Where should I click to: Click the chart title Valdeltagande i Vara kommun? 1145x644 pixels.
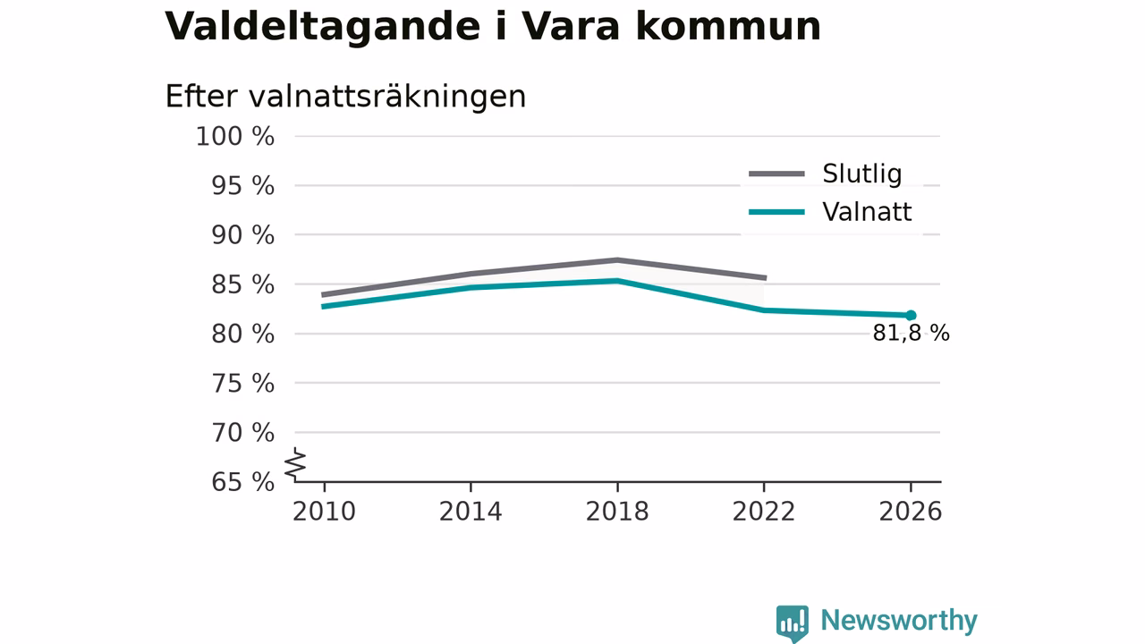tap(492, 27)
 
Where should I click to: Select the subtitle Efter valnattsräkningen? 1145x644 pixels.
tap(345, 97)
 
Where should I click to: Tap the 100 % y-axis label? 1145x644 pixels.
tap(235, 137)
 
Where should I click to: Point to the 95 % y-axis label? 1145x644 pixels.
tap(242, 186)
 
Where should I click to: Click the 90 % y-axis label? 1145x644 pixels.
tap(242, 235)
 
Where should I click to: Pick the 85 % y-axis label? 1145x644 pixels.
tap(242, 284)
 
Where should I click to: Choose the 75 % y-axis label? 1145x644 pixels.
tap(242, 384)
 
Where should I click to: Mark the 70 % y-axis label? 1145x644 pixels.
tap(242, 433)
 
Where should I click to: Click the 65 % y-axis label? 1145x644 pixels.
tap(242, 482)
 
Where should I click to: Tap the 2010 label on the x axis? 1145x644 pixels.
tap(324, 512)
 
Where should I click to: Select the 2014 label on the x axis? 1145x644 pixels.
tap(471, 512)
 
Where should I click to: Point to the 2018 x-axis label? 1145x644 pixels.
tap(617, 512)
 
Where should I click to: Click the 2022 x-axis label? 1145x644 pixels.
tap(764, 512)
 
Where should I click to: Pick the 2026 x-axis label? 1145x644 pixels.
tap(911, 512)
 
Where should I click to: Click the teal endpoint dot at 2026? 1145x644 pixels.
tap(911, 316)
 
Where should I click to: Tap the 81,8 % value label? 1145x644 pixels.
tap(911, 334)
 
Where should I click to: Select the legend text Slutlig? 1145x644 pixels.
tap(861, 174)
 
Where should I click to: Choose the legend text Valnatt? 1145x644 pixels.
tap(867, 212)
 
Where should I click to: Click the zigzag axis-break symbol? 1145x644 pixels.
tap(295, 464)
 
